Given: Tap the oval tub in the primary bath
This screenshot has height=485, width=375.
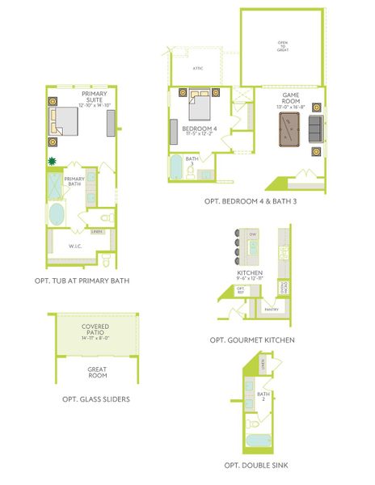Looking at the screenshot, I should [x=57, y=215].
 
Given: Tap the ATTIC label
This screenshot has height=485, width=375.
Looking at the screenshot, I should [x=198, y=69].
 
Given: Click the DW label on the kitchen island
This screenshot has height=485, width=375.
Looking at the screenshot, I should [x=253, y=234].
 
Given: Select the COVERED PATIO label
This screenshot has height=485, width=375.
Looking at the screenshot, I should [x=96, y=331].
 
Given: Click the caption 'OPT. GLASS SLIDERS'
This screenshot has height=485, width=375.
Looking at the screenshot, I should [x=96, y=399].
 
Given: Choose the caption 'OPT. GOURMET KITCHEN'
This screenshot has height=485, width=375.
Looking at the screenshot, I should [x=255, y=340].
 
